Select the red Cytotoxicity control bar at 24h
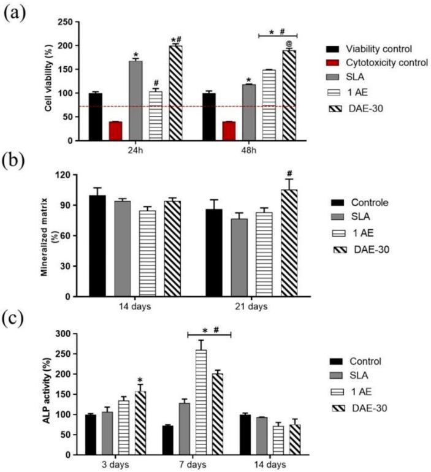(115, 131)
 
